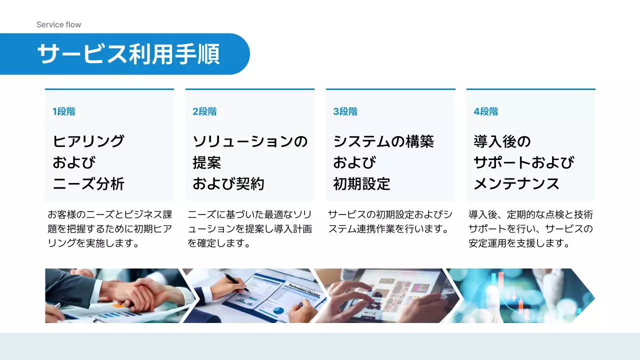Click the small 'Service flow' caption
(58, 24)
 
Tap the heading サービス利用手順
(128, 54)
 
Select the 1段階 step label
(64, 111)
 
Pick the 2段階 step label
(204, 111)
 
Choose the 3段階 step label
(345, 111)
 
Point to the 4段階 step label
(485, 111)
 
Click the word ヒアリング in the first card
(88, 141)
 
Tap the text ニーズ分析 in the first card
(88, 184)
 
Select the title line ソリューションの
(250, 141)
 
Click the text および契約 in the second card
(228, 184)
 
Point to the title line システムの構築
(383, 141)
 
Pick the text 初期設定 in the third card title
(361, 184)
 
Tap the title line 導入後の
(502, 141)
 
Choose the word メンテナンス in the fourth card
(516, 184)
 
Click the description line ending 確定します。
(218, 243)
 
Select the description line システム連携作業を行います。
(387, 229)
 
